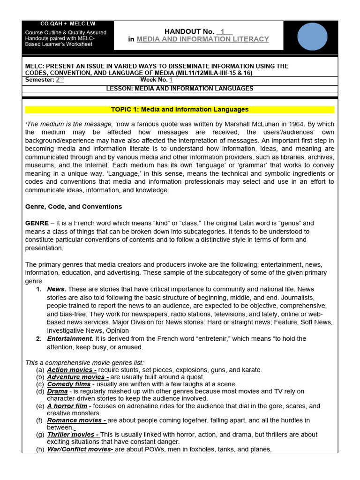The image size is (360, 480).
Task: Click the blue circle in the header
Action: point(312,35)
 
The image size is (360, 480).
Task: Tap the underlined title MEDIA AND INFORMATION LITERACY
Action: point(202,39)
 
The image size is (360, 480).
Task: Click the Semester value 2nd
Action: point(60,80)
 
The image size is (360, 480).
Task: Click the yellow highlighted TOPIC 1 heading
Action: point(180,110)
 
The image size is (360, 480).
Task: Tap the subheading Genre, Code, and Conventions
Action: point(73,207)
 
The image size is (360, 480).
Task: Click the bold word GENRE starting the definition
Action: point(37,223)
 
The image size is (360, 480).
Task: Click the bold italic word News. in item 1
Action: point(57,289)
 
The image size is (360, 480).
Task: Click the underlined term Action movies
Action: point(72,370)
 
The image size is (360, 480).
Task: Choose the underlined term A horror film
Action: point(67,406)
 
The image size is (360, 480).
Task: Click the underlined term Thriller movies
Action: point(73,435)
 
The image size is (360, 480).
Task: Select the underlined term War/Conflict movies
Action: point(80,449)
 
